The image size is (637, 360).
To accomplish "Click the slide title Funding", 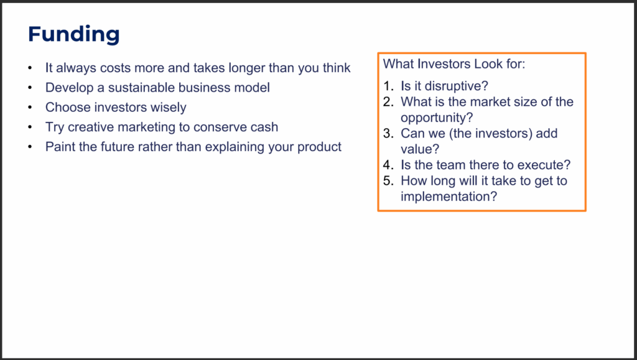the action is point(73,34).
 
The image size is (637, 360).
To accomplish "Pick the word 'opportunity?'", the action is point(437,118).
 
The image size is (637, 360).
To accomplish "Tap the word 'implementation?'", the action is point(449,197).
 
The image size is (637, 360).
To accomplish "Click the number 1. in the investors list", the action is point(389,86).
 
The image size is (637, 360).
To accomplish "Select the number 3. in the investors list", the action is point(389,134).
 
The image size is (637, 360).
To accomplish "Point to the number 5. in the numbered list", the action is point(389,181).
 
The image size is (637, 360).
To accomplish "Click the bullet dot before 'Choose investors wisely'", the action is point(30,108).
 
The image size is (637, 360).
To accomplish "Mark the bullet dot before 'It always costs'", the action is point(30,68).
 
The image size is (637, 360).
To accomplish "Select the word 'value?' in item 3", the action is point(420,149).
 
